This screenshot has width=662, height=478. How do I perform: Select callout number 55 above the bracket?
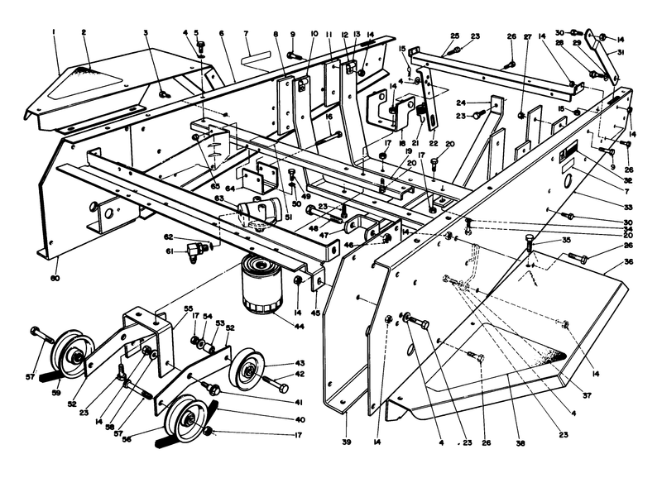(x=188, y=308)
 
